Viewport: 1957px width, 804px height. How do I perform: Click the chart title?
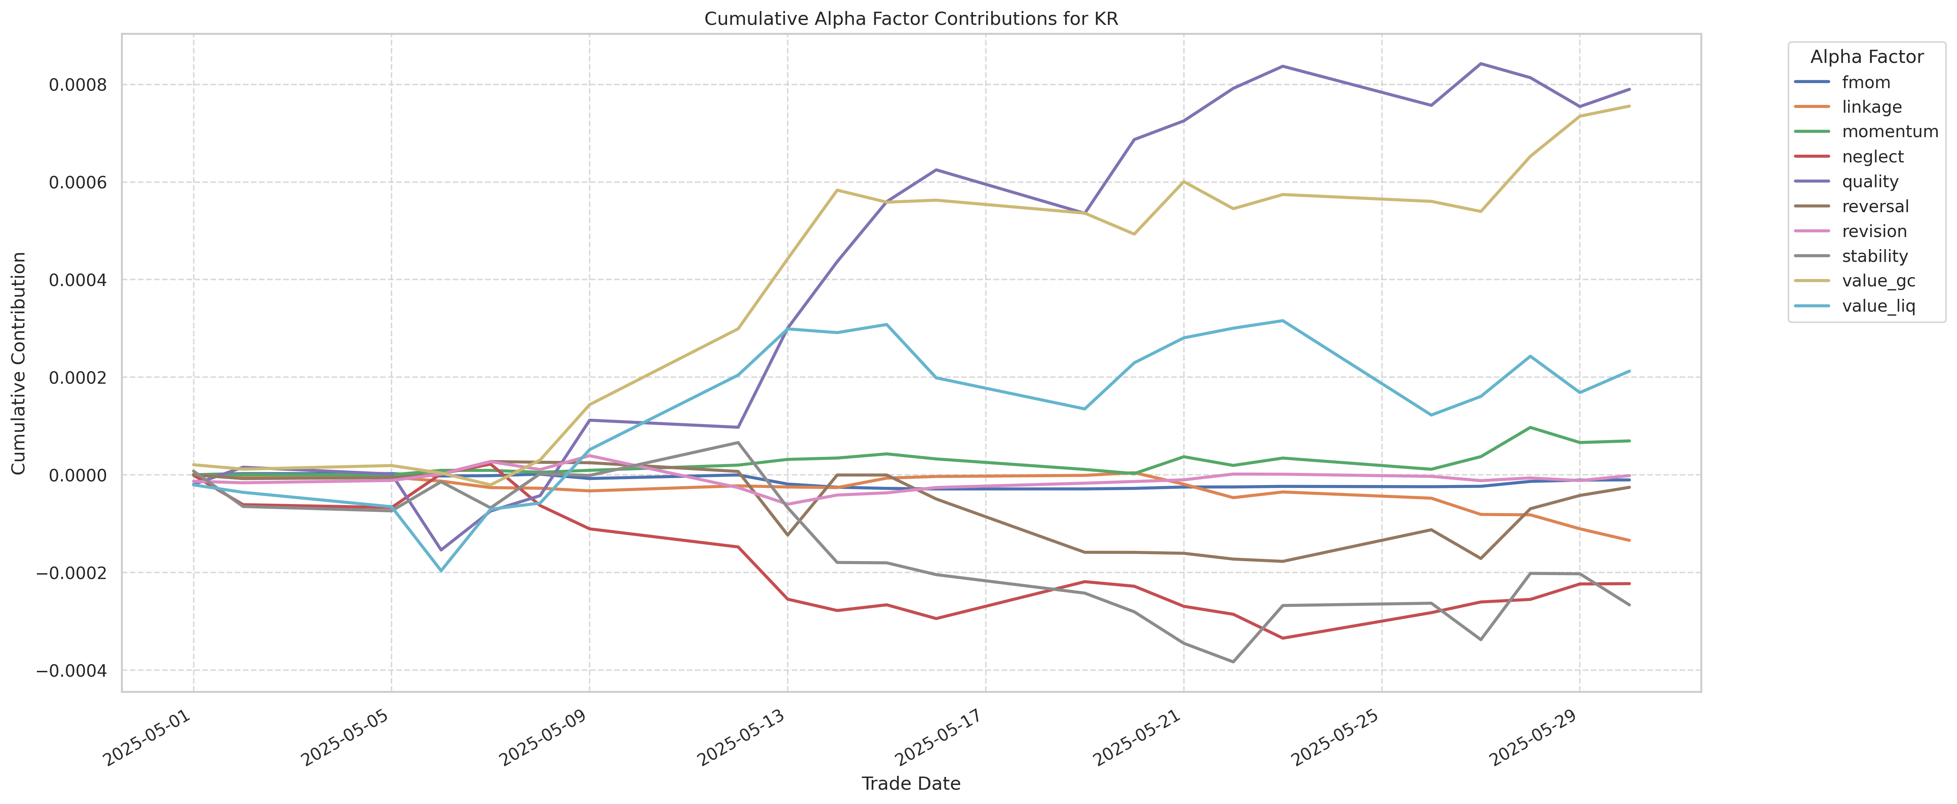pyautogui.click(x=911, y=19)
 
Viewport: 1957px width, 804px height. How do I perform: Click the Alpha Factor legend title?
pyautogui.click(x=1867, y=57)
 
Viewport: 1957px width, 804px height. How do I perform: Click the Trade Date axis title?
pyautogui.click(x=911, y=784)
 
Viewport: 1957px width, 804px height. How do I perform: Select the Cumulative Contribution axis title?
pyautogui.click(x=19, y=363)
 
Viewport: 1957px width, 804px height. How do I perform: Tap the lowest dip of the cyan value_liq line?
pyautogui.click(x=440, y=571)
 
